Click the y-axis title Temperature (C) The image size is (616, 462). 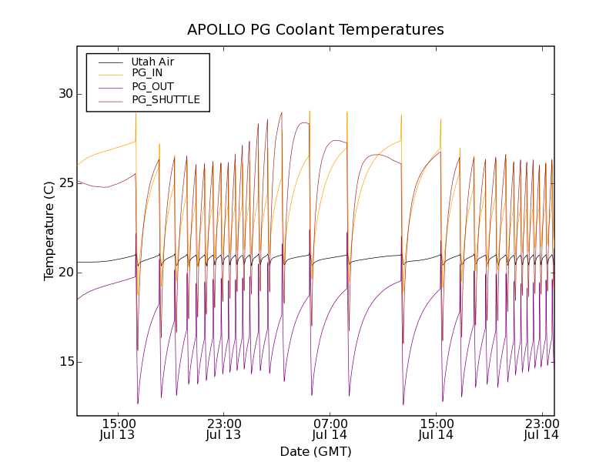click(49, 231)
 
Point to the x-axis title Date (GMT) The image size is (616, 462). click(315, 451)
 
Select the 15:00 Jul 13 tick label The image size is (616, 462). click(117, 429)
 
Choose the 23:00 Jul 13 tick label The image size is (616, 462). click(223, 429)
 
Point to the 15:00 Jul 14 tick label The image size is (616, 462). click(436, 429)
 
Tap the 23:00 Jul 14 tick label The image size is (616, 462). click(542, 429)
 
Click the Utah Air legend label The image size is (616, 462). click(152, 62)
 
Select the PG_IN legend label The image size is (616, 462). click(147, 73)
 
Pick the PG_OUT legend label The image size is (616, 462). click(152, 86)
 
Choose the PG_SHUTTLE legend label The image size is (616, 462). click(166, 99)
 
